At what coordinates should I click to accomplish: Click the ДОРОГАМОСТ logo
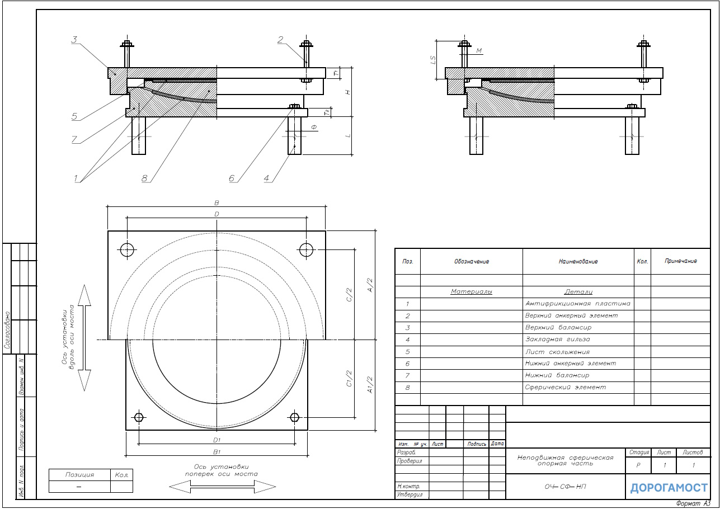point(669,488)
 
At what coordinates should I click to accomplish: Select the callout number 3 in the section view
point(74,40)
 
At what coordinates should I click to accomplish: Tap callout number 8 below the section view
point(144,178)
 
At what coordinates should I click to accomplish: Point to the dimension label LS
point(433,60)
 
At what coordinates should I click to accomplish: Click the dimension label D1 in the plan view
point(217,440)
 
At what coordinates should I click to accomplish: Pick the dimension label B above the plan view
point(217,203)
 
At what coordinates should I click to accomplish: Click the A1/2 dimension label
point(370,385)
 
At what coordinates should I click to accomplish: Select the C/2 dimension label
point(350,295)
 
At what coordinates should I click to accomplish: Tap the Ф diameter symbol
point(314,128)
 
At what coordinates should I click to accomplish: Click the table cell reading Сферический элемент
point(566,387)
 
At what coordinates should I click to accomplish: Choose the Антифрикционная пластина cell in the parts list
point(577,303)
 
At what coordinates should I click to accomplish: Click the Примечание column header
point(681,261)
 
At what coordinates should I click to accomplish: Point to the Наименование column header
point(578,261)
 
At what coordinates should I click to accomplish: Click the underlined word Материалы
point(471,291)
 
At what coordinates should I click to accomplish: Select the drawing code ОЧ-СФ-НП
point(566,487)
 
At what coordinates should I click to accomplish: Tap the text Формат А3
point(693,503)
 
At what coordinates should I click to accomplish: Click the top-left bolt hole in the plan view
point(127,249)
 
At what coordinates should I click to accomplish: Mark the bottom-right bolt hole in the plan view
point(294,417)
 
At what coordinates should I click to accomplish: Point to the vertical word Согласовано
point(7,330)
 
